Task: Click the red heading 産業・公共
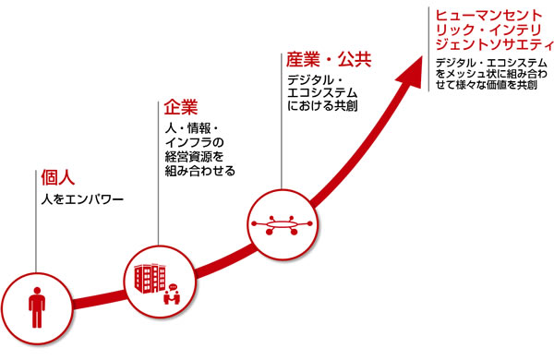[329, 60]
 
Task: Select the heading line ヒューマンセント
[484, 15]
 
